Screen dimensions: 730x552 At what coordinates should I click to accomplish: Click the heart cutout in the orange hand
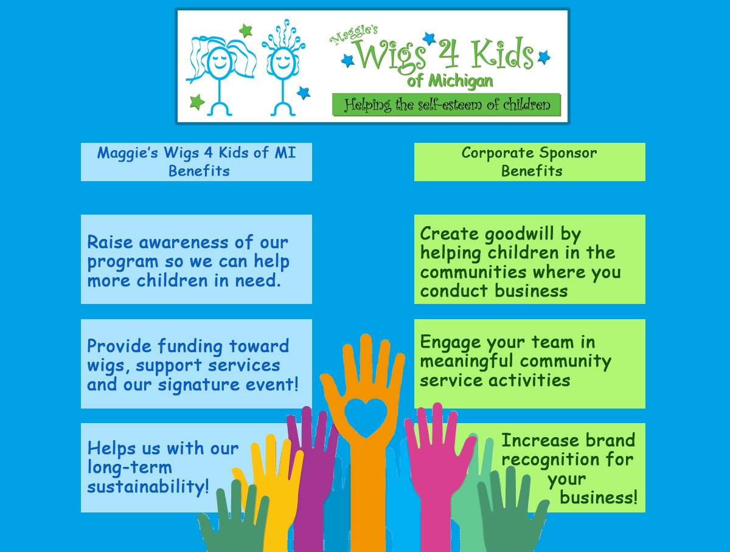tap(366, 417)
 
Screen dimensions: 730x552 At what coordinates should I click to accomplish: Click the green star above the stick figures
tap(246, 30)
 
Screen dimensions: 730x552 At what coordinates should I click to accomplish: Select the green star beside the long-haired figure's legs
tap(197, 102)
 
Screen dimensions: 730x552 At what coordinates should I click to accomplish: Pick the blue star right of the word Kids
tap(544, 57)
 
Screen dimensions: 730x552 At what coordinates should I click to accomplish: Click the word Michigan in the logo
tap(461, 81)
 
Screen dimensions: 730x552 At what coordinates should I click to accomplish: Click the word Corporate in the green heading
tap(498, 153)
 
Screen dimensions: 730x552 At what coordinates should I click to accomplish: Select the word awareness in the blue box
tap(183, 243)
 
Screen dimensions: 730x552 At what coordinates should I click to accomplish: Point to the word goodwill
tap(520, 234)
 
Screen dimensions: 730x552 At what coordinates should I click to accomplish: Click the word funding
tap(190, 347)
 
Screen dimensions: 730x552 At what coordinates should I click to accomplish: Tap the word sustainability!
tap(148, 486)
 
